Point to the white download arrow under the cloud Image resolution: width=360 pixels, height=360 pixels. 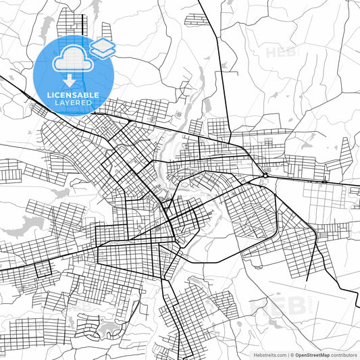(x=70, y=79)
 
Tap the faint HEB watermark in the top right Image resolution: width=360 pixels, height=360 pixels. (x=278, y=52)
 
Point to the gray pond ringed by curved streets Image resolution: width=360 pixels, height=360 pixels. (x=108, y=331)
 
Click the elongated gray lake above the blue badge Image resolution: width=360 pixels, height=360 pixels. (x=47, y=26)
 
